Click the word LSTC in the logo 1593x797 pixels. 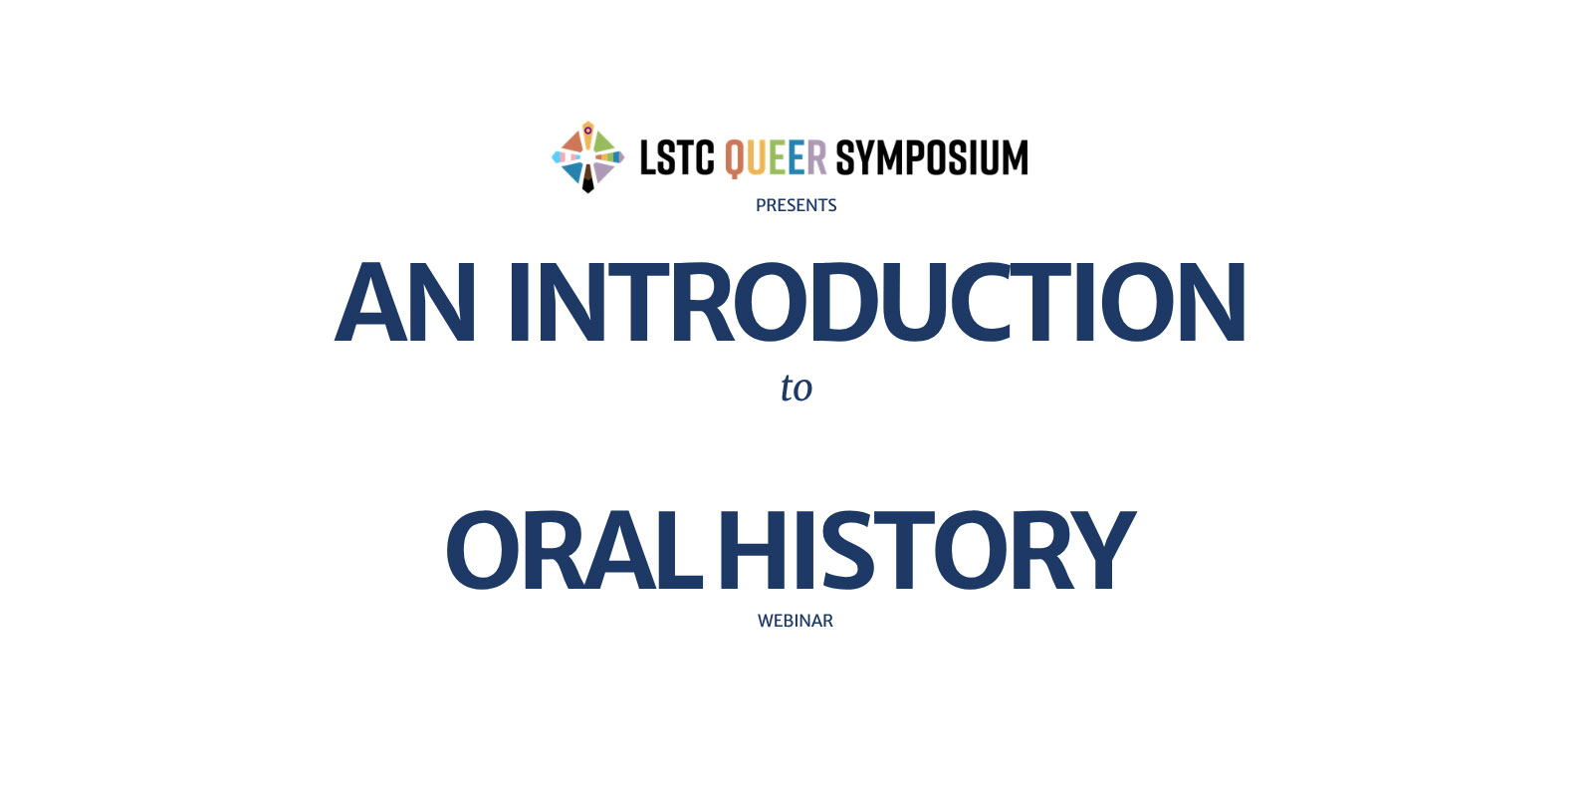[x=677, y=157]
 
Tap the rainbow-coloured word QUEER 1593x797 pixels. [x=776, y=158]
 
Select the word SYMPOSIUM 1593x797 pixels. [x=932, y=157]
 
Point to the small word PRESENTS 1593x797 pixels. [x=796, y=205]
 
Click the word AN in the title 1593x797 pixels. [x=404, y=303]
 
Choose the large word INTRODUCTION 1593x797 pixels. [x=877, y=303]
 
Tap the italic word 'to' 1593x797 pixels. [x=796, y=388]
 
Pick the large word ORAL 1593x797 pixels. [x=573, y=550]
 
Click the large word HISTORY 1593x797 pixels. [x=927, y=550]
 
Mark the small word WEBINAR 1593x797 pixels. [x=796, y=622]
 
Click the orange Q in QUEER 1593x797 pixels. [x=735, y=158]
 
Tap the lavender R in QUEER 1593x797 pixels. [x=816, y=157]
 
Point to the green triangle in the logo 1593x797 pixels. [x=603, y=142]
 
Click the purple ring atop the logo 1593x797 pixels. [x=587, y=131]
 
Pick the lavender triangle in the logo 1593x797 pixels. [x=602, y=171]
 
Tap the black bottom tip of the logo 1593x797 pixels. [x=588, y=189]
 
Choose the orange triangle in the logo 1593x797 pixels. [x=573, y=142]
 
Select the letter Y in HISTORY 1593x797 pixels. [x=1104, y=550]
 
